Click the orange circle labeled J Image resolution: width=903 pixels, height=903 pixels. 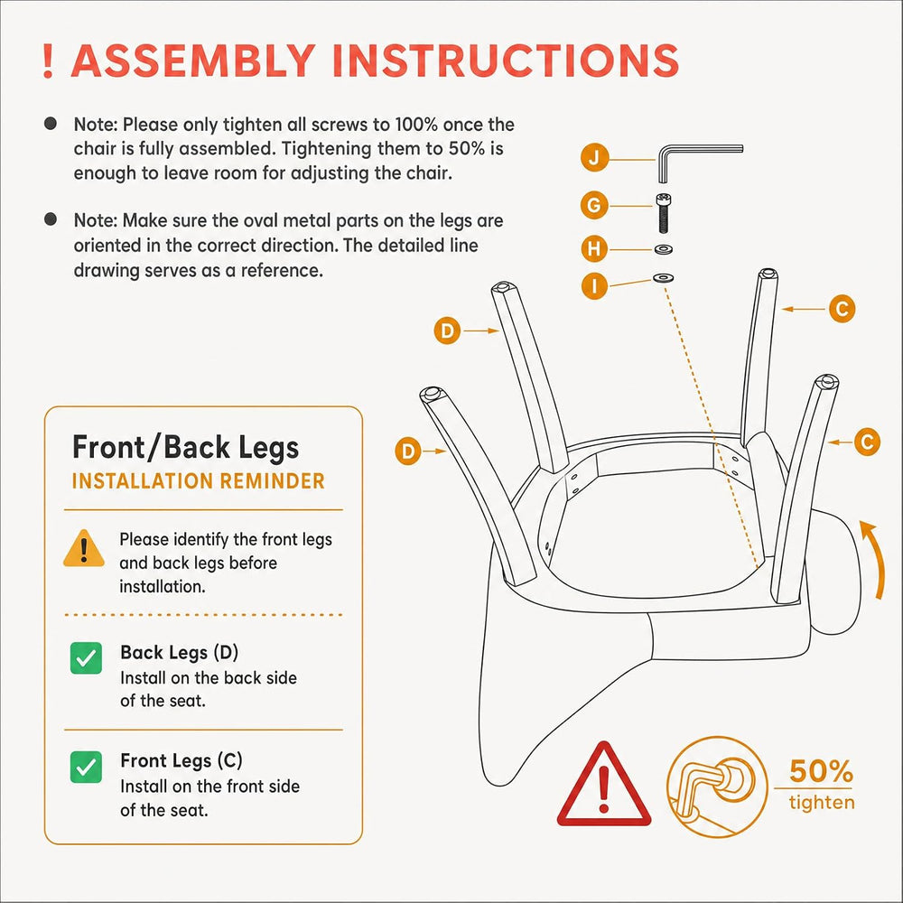click(x=594, y=157)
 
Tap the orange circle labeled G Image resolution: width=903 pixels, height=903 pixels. click(x=594, y=205)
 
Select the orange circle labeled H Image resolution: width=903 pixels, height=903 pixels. click(x=594, y=249)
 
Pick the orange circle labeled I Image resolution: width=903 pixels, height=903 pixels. click(x=594, y=285)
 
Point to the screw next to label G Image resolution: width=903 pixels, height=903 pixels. click(x=664, y=213)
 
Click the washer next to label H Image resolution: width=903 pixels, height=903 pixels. click(x=664, y=249)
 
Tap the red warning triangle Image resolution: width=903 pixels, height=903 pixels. click(x=603, y=785)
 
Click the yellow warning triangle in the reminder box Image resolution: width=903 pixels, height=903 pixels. click(x=84, y=548)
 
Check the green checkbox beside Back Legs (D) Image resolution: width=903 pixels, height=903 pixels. click(x=86, y=657)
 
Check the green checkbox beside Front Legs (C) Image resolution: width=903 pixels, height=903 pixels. click(x=86, y=767)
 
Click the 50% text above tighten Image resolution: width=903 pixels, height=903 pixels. click(x=821, y=770)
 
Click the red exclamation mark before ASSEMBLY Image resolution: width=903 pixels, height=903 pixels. click(x=48, y=61)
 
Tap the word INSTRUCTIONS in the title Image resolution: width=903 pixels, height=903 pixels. click(x=506, y=61)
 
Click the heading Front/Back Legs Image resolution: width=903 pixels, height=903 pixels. click(x=185, y=448)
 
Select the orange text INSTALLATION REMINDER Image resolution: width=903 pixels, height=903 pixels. click(x=198, y=481)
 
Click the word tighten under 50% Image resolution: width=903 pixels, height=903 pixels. click(x=822, y=802)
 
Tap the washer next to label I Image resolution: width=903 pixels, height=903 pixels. click(x=664, y=278)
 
